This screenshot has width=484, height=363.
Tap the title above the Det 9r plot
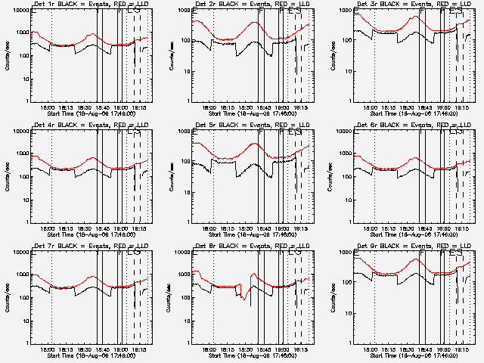(x=407, y=247)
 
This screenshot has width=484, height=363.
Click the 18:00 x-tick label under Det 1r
(x=47, y=107)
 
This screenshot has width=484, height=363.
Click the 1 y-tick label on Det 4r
(x=26, y=222)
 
